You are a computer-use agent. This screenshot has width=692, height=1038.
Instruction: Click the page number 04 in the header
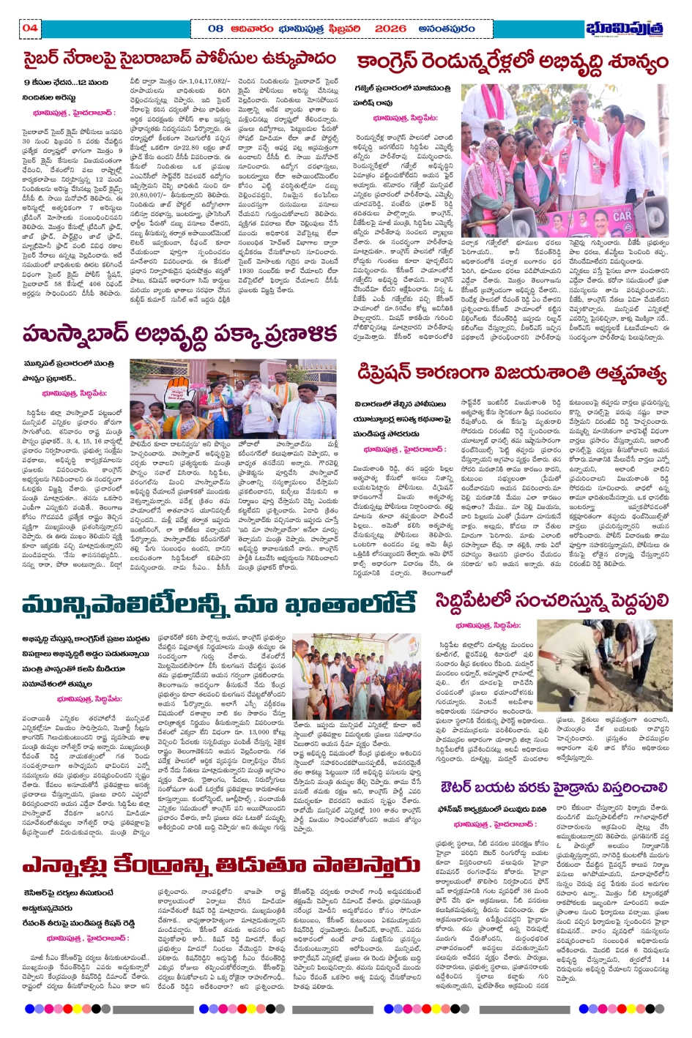click(30, 29)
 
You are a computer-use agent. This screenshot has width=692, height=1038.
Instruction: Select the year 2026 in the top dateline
click(390, 29)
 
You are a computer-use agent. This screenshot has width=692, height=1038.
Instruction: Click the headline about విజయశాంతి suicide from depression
click(512, 375)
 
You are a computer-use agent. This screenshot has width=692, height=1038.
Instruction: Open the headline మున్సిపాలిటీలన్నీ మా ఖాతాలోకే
click(218, 605)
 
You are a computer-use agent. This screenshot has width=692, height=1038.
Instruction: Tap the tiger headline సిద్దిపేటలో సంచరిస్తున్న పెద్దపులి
click(551, 601)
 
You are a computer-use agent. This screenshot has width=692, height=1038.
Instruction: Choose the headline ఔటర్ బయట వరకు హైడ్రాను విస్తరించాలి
click(554, 788)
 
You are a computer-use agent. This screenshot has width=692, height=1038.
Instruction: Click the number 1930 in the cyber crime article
click(249, 270)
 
